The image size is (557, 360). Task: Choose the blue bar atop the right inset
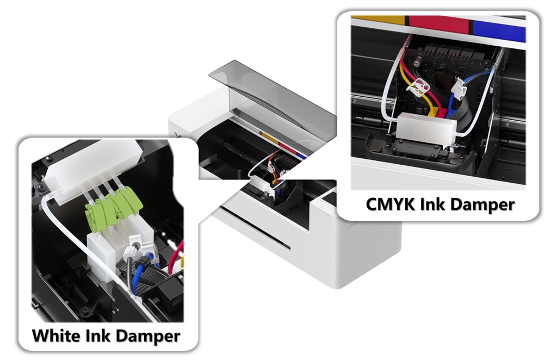[498, 30]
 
